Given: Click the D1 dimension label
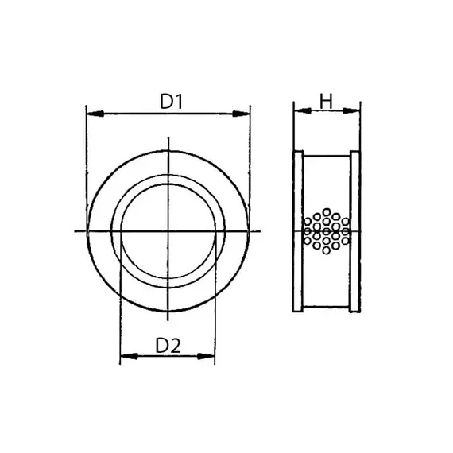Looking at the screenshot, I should click(x=172, y=102).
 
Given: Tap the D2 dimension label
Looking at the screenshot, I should click(x=168, y=346).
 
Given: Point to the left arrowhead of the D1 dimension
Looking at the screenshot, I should click(x=91, y=114).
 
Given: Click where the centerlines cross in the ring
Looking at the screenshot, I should click(x=168, y=231).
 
